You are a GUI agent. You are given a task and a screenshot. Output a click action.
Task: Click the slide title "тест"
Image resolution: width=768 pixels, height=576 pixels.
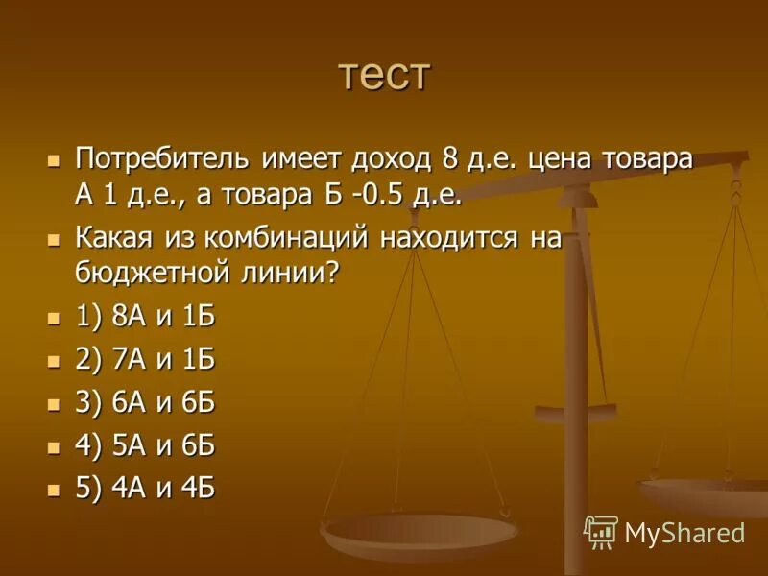384,75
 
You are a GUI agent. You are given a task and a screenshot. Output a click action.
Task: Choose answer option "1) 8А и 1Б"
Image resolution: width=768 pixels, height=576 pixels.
144,317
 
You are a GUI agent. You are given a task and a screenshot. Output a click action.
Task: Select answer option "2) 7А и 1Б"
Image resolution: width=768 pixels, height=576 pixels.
144,360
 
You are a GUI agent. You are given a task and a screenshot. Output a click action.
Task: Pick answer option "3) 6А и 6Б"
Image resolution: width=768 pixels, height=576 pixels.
144,402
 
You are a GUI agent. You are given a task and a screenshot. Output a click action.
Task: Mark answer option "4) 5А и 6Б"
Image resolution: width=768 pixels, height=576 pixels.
144,445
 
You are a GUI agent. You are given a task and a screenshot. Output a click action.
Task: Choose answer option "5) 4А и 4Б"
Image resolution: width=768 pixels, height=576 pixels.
144,488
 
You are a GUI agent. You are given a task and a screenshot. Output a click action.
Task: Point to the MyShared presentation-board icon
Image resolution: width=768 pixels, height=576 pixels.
601,531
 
